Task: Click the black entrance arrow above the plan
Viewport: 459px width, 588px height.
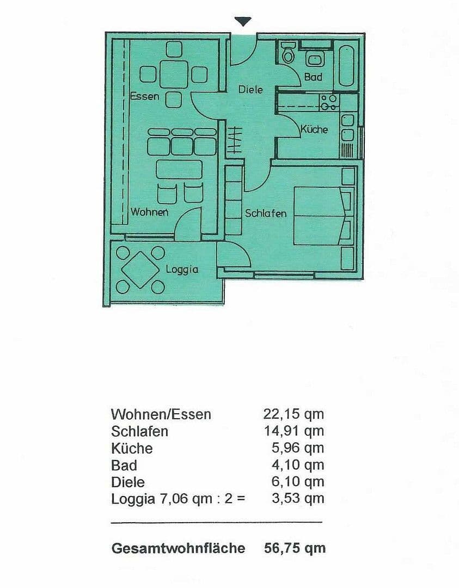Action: coord(243,21)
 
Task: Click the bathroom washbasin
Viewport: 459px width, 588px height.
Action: coord(314,59)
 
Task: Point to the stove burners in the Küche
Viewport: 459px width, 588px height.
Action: coord(328,102)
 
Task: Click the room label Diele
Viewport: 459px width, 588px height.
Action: coord(250,89)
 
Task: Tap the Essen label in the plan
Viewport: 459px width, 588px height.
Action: coord(145,96)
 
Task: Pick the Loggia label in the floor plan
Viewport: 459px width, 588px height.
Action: coord(182,269)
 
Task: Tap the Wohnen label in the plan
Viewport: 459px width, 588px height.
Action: coord(149,212)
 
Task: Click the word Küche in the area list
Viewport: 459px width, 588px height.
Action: coord(132,449)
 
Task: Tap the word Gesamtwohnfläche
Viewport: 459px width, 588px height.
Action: coord(178,548)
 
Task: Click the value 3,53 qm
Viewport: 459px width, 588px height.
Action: coord(297,498)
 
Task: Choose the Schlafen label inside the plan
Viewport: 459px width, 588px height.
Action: coord(266,213)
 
